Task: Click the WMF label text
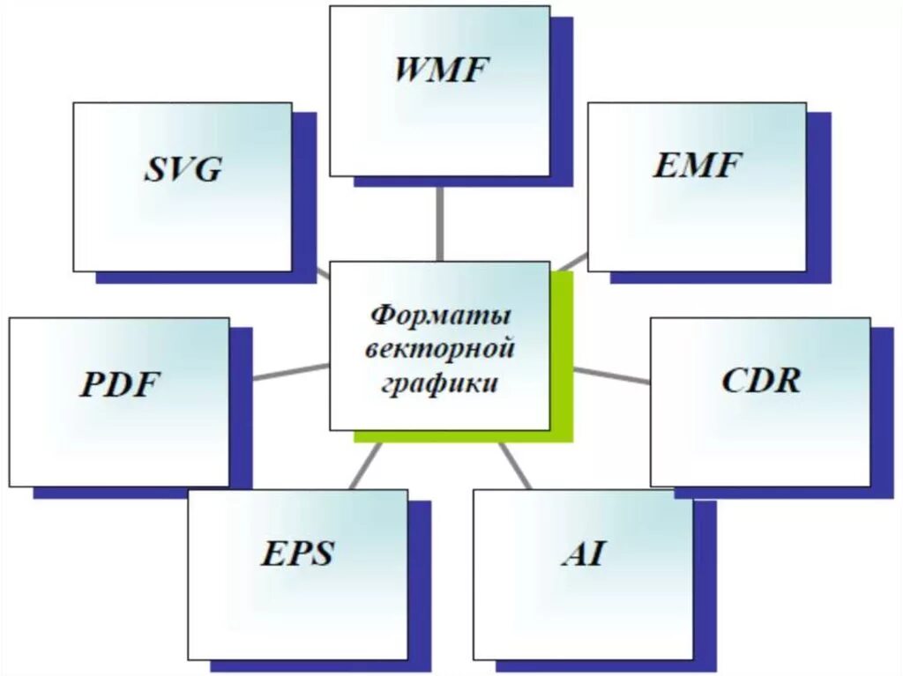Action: [x=441, y=70]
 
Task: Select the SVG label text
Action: [x=183, y=168]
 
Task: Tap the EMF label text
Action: [x=698, y=165]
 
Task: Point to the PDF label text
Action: [x=123, y=385]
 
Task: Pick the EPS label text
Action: [x=297, y=554]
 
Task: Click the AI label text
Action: [x=583, y=554]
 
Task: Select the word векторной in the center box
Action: [x=441, y=350]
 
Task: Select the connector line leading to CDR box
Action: [x=612, y=375]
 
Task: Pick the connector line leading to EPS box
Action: [x=365, y=464]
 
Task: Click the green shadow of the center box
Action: [x=562, y=353]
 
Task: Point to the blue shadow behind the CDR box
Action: [x=882, y=405]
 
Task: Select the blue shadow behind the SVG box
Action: [x=304, y=194]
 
